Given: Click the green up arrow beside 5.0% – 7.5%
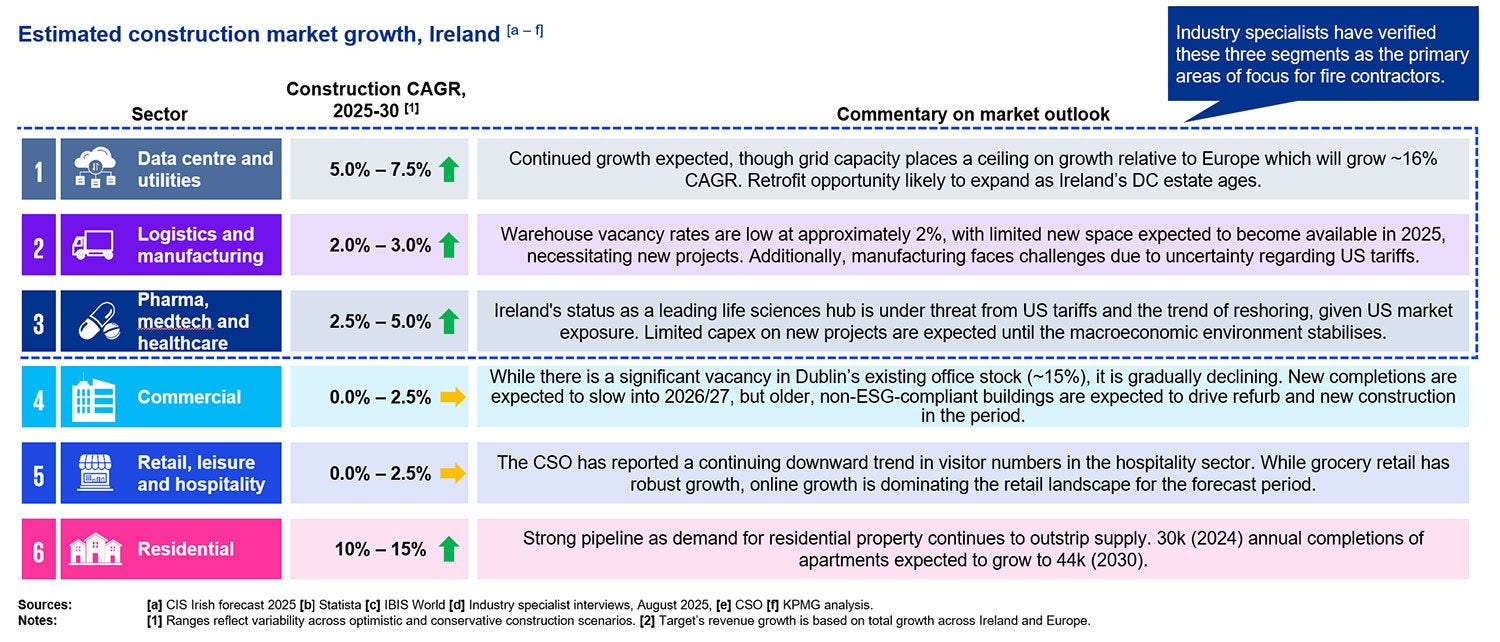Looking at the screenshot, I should pos(448,169).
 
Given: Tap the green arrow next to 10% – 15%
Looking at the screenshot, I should pos(448,549).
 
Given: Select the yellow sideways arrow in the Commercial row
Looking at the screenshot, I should pos(453,397).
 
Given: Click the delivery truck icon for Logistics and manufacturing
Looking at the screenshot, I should pos(93,245).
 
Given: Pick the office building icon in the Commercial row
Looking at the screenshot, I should pos(94,398).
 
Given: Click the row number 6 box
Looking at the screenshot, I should pos(38,549).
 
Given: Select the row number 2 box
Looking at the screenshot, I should pos(38,245).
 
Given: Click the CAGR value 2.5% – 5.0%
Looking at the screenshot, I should pos(380,322).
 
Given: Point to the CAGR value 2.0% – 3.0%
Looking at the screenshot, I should pos(380,245).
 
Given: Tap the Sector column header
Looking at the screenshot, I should pos(160,114).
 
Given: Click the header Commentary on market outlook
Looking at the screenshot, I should pos(973,114).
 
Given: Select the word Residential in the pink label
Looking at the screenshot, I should pos(186,549).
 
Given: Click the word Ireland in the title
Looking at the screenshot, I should pos(464,34).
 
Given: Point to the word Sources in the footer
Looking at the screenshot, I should pos(45,605).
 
